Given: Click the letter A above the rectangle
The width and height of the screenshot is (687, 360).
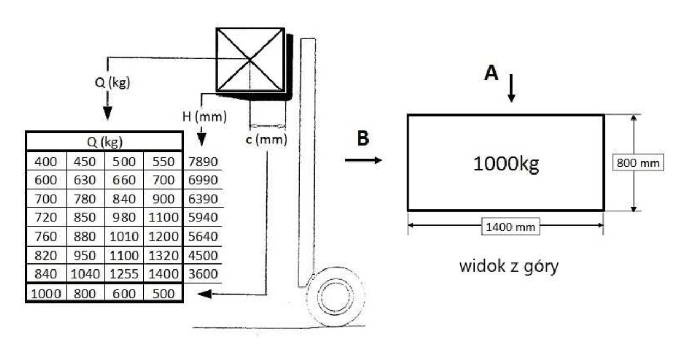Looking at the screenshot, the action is [491, 73].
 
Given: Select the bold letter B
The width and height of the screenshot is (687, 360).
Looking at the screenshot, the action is [363, 138].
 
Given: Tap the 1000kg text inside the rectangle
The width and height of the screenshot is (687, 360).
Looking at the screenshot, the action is [506, 164].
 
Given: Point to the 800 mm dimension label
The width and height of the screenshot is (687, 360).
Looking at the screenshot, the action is [638, 163].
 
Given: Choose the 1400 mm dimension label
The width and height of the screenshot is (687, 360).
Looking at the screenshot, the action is [511, 227].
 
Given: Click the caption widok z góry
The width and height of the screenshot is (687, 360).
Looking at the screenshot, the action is [509, 266].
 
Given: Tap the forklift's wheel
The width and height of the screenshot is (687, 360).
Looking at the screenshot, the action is [335, 297].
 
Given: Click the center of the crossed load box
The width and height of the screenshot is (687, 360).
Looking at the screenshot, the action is [250, 60].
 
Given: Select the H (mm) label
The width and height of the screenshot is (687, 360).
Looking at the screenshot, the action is [204, 117].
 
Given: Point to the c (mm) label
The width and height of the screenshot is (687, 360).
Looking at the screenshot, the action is [267, 140].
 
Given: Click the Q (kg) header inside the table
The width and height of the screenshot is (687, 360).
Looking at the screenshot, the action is [105, 142].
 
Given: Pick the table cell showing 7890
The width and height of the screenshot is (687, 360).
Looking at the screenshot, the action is [203, 162].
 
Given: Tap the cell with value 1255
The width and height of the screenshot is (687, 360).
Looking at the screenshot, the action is [124, 274].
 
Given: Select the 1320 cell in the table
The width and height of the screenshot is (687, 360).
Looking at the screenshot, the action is [164, 255].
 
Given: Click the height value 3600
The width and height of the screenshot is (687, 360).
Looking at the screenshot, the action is [203, 274].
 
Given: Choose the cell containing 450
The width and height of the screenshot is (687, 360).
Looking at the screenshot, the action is [85, 162].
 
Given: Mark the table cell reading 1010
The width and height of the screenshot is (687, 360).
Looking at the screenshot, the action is [124, 236].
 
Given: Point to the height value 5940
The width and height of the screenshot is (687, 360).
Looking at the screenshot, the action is [203, 217].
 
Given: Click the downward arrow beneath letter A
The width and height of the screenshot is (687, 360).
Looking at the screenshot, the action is [511, 88].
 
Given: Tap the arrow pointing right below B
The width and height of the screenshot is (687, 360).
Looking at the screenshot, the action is [363, 160].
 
